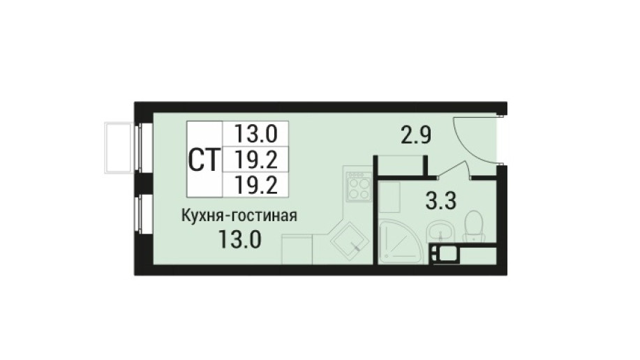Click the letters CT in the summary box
204,160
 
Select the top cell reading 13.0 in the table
256,133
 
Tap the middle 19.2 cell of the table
256,160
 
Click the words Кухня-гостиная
239,216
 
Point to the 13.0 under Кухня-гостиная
239,239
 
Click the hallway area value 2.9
416,135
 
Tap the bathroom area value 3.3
441,201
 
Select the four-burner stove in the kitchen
358,186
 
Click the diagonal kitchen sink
350,243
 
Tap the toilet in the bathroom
473,227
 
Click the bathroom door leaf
452,170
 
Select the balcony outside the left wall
119,148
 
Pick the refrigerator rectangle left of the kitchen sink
297,248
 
